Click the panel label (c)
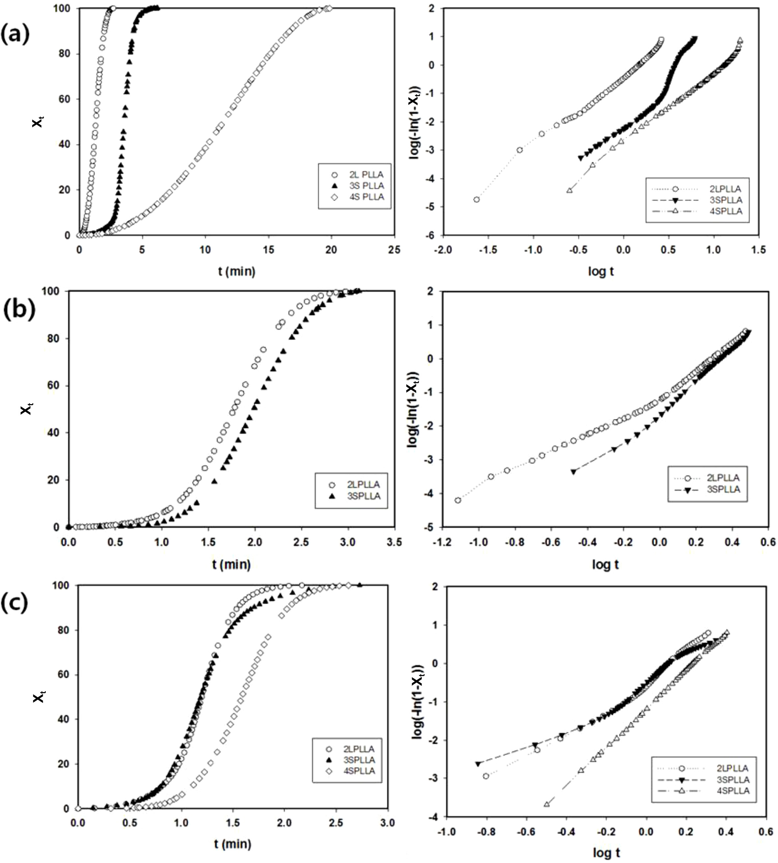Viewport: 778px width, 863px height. [15, 602]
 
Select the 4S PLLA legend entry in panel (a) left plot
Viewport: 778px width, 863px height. [366, 197]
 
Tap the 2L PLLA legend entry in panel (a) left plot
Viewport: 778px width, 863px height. [366, 174]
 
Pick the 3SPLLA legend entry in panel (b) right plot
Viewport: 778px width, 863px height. [723, 489]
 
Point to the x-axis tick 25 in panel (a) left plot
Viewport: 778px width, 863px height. [394, 250]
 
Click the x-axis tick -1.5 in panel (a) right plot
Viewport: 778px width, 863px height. [488, 250]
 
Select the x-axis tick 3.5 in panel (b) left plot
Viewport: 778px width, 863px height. [394, 542]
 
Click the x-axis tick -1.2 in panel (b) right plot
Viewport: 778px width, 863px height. [442, 542]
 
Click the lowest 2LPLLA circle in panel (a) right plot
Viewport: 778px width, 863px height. [476, 199]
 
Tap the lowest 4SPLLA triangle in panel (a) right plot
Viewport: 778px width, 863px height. [570, 190]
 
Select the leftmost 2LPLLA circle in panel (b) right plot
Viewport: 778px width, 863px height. [458, 500]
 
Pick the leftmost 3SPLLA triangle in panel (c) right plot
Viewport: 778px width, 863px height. [478, 764]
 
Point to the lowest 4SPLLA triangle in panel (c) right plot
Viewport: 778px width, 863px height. [546, 804]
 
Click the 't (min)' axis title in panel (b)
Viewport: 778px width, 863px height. [231, 565]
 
